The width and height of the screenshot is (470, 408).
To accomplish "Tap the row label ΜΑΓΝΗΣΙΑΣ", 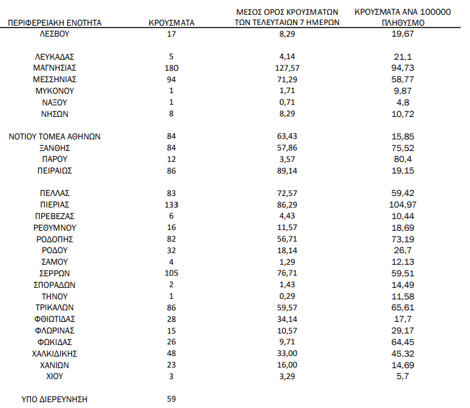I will pyautogui.click(x=55, y=67).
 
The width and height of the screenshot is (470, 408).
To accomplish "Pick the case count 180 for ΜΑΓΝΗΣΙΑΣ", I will pyautogui.click(x=171, y=67).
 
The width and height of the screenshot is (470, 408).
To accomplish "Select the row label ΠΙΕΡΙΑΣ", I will pyautogui.click(x=55, y=204).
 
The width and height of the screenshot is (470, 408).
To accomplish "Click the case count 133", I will pyautogui.click(x=171, y=204).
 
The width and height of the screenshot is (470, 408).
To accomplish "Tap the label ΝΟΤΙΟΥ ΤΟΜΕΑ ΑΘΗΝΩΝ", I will pyautogui.click(x=55, y=136).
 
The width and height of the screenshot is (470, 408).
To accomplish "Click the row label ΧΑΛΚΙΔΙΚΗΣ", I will pyautogui.click(x=55, y=353).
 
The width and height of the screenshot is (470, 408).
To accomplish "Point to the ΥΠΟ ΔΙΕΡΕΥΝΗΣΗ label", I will pyautogui.click(x=55, y=399).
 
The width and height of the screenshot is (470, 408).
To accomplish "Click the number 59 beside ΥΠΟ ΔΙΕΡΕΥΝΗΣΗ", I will pyautogui.click(x=171, y=399).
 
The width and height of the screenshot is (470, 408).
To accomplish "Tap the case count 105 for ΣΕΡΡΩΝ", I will pyautogui.click(x=171, y=273).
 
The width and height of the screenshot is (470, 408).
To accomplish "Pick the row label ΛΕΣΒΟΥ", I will pyautogui.click(x=55, y=33).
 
